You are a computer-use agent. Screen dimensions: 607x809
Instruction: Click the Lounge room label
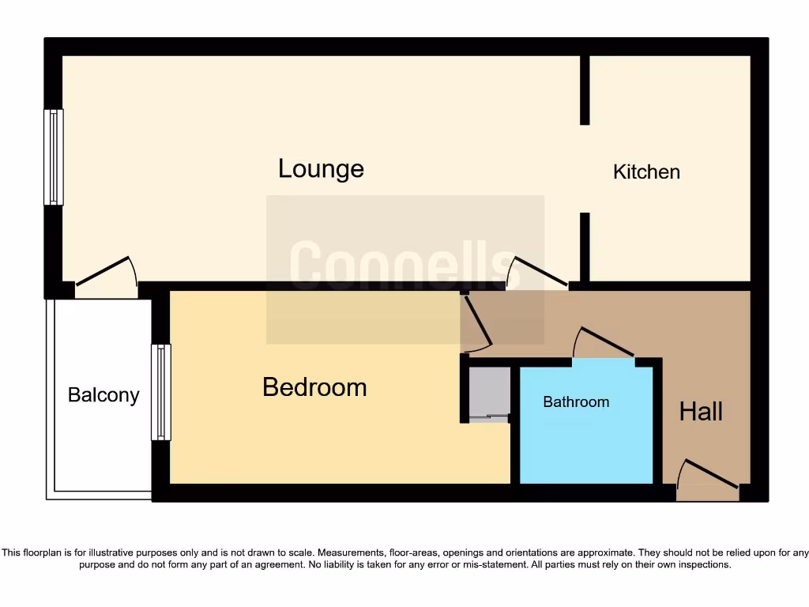pyautogui.click(x=321, y=169)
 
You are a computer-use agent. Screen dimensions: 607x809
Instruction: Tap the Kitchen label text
pyautogui.click(x=646, y=172)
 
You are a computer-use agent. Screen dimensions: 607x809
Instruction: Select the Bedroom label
pyautogui.click(x=314, y=387)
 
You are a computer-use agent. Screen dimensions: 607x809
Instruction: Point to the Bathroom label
pyautogui.click(x=576, y=402)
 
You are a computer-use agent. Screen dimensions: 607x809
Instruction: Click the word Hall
pyautogui.click(x=701, y=412)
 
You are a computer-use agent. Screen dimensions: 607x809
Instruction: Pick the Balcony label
pyautogui.click(x=103, y=395)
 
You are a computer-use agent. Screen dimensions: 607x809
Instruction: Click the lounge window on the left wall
pyautogui.click(x=53, y=156)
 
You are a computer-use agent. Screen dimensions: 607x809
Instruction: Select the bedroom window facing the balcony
pyautogui.click(x=160, y=392)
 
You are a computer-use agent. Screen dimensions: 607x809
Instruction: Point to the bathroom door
pyautogui.click(x=604, y=345)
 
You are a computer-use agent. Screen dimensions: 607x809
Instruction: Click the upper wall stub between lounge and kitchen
pyautogui.click(x=585, y=90)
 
